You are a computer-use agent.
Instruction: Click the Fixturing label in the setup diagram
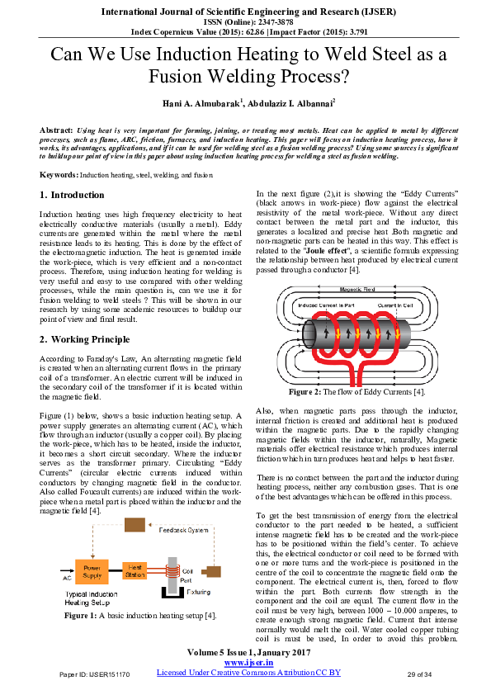pyautogui.click(x=196, y=591)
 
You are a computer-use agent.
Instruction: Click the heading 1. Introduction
pyautogui.click(x=72, y=195)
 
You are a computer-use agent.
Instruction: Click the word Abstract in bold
pyautogui.click(x=55, y=131)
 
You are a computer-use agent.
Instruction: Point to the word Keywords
pyautogui.click(x=59, y=176)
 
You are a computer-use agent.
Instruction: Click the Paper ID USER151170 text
pyautogui.click(x=94, y=674)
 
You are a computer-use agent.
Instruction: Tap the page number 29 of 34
pyautogui.click(x=420, y=674)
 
